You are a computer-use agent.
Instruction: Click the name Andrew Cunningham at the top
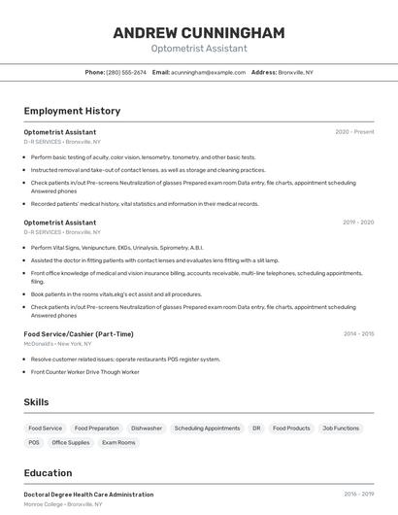pos(199,33)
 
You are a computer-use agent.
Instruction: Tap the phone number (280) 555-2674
pos(126,72)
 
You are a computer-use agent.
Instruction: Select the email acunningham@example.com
pos(209,72)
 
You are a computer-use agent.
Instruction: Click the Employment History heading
pos(72,111)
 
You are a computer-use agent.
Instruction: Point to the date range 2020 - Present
pos(354,131)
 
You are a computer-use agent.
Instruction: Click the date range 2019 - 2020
pos(358,223)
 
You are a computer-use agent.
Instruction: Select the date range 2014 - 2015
pos(358,333)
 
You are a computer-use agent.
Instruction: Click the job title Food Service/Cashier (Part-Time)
pos(79,334)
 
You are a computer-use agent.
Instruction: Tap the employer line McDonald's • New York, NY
pos(58,344)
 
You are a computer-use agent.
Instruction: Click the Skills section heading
pos(37,402)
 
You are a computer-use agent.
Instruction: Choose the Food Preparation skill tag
pos(97,428)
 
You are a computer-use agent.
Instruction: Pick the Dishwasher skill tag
pos(147,428)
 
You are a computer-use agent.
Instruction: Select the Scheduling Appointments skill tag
pos(207,428)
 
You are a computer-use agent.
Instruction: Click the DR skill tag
pos(256,428)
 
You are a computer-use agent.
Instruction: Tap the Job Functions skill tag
pos(341,428)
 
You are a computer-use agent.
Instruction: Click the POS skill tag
pos(34,442)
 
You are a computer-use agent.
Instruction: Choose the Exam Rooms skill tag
pos(118,442)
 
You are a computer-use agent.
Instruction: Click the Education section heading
pos(48,473)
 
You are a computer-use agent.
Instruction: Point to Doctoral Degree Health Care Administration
pos(88,495)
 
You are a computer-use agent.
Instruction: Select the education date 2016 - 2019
pos(358,494)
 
